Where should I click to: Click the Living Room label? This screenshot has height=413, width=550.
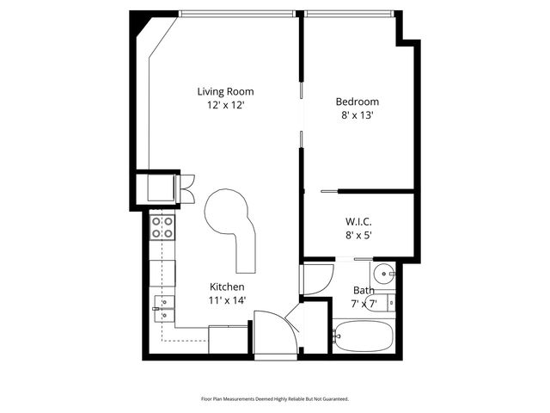[x=225, y=91]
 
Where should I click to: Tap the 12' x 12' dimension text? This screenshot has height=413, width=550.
[x=225, y=105]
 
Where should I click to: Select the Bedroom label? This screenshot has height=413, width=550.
[x=357, y=102]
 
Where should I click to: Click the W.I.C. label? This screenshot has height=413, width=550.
[x=358, y=220]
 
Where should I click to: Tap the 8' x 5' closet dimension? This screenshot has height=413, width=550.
[x=358, y=234]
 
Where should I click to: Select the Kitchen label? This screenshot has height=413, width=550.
[x=228, y=287]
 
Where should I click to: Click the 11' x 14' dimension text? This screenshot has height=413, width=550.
[x=228, y=300]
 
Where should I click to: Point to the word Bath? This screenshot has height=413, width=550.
[x=364, y=291]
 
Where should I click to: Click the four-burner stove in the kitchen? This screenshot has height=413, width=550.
[x=162, y=227]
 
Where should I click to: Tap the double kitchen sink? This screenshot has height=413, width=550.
[x=162, y=308]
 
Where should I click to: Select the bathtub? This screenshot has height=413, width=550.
[x=364, y=335]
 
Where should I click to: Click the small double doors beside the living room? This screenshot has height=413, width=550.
[x=186, y=188]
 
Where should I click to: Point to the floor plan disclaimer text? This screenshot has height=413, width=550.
[x=275, y=399]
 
